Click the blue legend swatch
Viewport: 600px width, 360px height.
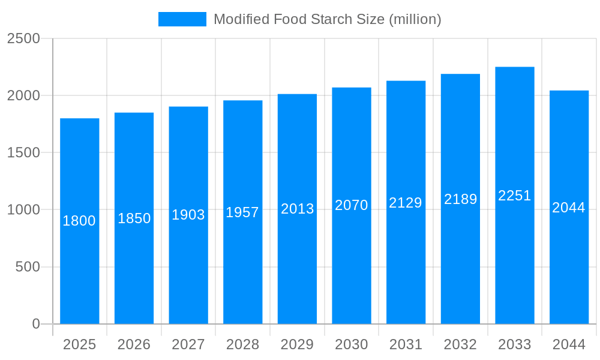(182, 19)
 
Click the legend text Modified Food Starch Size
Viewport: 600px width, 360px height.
(327, 19)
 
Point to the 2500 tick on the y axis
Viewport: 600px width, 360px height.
(23, 39)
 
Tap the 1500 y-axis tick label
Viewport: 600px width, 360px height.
(23, 153)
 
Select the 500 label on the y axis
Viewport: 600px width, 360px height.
(27, 267)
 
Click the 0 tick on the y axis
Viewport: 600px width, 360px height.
(35, 324)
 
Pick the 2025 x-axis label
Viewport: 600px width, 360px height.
(79, 344)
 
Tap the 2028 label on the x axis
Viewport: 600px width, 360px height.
(242, 344)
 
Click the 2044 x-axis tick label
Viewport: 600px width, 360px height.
(569, 344)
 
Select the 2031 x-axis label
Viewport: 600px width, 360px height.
(406, 344)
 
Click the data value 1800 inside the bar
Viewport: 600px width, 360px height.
(79, 221)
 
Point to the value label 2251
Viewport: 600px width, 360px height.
(514, 196)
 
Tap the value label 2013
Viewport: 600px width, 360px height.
(297, 209)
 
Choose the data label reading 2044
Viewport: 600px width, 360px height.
(569, 208)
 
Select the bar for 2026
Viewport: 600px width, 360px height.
(134, 270)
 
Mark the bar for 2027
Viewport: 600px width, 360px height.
(188, 270)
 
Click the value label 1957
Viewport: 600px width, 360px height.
(242, 212)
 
